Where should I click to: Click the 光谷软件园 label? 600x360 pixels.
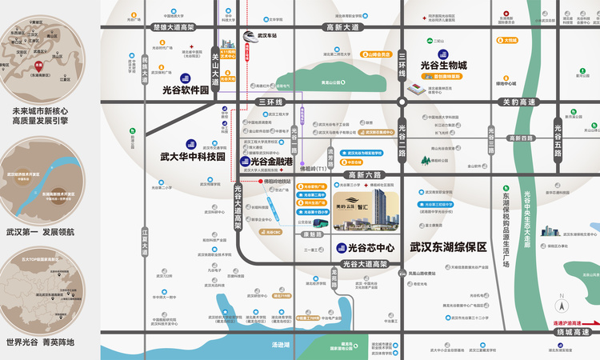tap(185, 90)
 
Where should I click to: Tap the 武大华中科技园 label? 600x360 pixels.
tap(192, 157)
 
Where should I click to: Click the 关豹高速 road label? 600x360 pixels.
tap(518, 102)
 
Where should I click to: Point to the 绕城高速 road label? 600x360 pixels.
tap(573, 331)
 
